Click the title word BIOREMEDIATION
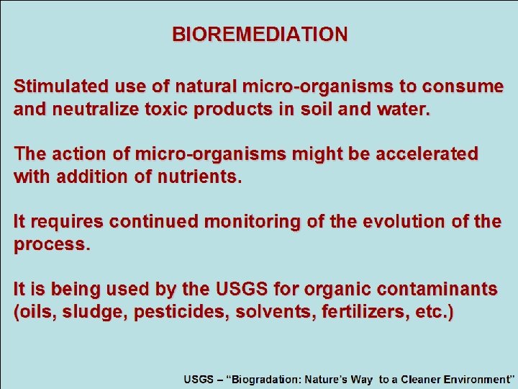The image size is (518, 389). pos(260,35)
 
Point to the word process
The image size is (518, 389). pos(50,244)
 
